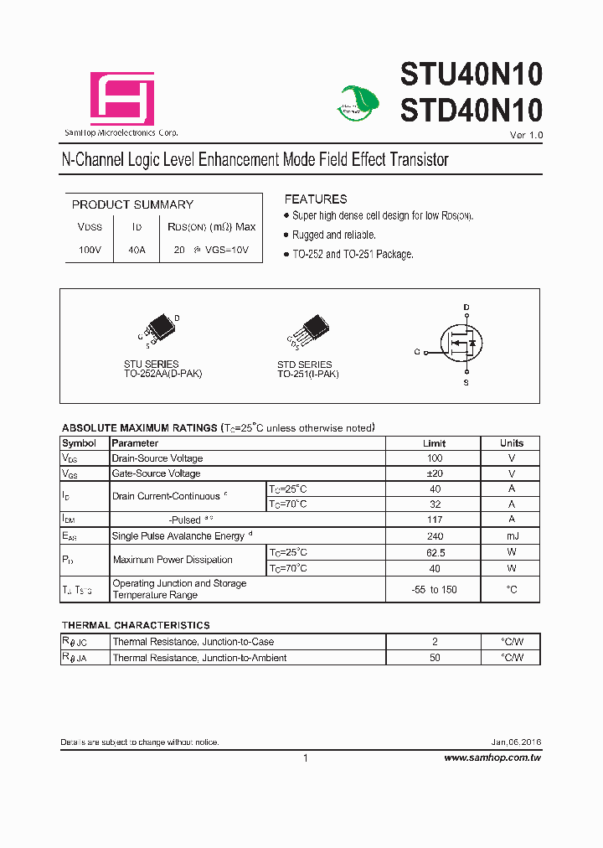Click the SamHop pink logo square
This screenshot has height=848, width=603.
122,98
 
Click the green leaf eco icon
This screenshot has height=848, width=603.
358,101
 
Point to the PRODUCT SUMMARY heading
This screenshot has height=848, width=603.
132,204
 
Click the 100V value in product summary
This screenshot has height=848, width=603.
90,251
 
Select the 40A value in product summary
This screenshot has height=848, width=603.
136,251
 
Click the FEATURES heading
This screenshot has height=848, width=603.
315,199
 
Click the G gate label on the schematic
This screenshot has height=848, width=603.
416,352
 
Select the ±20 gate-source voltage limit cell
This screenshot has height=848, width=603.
434,473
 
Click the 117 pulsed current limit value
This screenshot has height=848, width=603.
434,520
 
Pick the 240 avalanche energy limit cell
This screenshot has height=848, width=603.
434,535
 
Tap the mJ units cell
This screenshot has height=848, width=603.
512,535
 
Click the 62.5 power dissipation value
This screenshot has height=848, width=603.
434,552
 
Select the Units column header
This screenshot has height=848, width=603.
512,443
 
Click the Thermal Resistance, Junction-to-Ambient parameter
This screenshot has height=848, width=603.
199,658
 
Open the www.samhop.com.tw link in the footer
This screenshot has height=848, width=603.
492,758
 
